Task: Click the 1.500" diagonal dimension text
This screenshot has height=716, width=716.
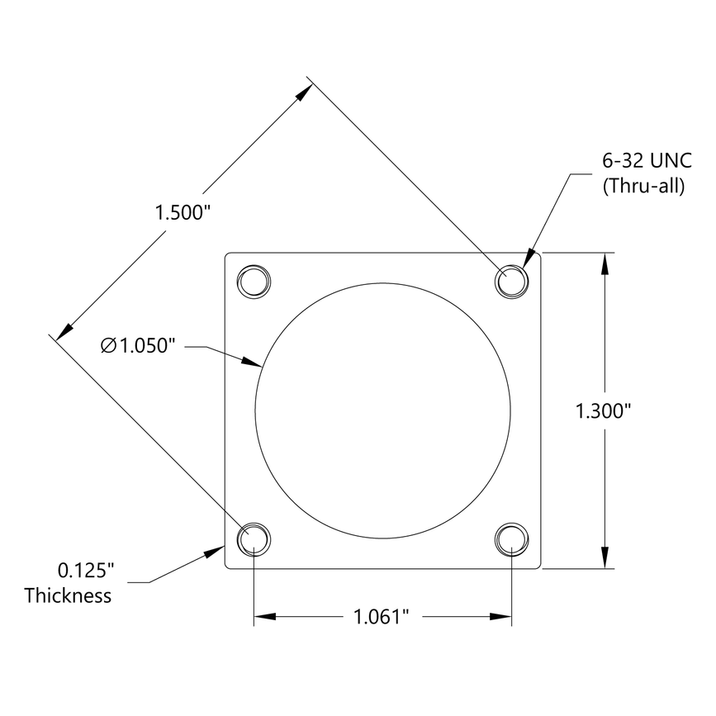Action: [x=184, y=212]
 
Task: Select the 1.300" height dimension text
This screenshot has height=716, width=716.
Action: [x=603, y=410]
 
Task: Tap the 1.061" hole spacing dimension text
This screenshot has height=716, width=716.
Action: [x=382, y=616]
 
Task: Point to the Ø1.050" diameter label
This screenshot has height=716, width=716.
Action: [x=140, y=346]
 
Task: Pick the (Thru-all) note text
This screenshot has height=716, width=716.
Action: [x=644, y=186]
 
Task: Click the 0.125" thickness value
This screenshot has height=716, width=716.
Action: [x=85, y=571]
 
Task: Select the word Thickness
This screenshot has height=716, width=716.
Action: [x=68, y=595]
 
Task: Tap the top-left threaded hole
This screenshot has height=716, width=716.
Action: [x=254, y=281]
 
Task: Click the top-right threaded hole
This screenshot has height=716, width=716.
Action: [x=512, y=281]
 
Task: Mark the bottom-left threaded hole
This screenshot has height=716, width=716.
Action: [x=254, y=539]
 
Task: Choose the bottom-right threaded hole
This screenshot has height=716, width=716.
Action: [x=512, y=539]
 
